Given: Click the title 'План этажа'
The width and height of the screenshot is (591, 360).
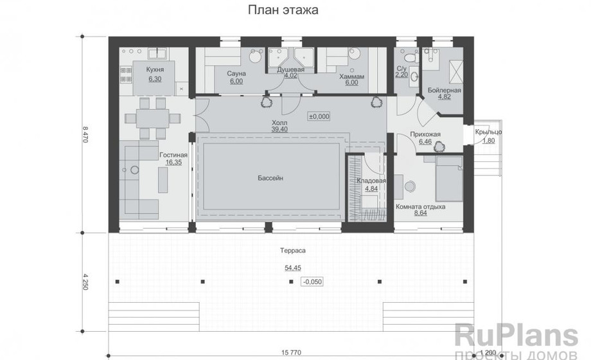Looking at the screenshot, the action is point(283,10).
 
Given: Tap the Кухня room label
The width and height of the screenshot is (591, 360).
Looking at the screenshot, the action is point(155,70).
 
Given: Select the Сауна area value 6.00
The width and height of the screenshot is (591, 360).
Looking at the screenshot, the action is point(236,81).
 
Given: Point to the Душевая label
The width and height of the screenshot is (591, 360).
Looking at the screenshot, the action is point(290,70).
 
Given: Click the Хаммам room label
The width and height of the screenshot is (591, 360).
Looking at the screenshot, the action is point(351,76).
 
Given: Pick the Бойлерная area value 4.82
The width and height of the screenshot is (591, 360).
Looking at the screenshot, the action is point(445,96).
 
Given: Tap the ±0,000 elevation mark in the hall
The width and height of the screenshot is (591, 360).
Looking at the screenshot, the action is point(319,116).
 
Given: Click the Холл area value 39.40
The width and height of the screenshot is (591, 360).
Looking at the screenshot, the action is point(279,129).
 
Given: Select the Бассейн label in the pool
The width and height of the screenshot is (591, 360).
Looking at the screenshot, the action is point(270,177).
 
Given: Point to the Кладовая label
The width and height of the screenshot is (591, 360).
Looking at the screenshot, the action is point(371,181).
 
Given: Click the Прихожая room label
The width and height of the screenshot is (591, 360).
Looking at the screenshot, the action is point(425,134).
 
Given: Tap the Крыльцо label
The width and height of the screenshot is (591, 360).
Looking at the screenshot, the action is point(488,132).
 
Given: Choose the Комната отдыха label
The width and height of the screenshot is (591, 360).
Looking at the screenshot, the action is point(420,207).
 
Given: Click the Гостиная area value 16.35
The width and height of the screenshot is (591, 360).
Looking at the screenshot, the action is point(173,162).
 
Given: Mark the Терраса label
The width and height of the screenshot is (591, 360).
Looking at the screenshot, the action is point(292,251).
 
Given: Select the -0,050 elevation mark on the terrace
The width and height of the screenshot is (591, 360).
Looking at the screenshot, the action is point(312,282).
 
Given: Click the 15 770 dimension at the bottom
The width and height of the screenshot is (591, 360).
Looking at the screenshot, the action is point(291,353).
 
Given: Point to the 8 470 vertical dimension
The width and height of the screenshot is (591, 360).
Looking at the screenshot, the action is point(85,134).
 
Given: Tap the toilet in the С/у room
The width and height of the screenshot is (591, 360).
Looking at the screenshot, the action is point(411,57).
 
